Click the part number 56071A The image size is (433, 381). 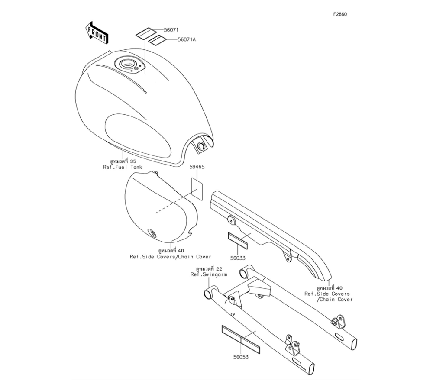(187, 39)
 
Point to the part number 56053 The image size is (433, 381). (241, 357)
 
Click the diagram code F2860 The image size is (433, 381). (340, 14)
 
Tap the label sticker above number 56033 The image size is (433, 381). (238, 241)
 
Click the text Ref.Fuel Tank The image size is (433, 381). (123, 167)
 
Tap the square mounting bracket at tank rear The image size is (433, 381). (200, 145)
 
